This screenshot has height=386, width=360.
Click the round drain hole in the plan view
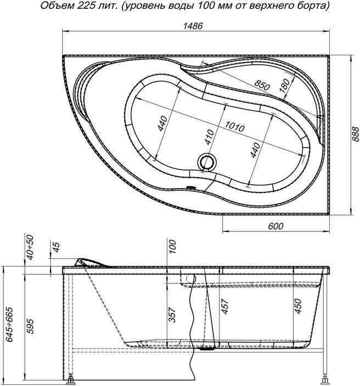pyautogui.click(x=207, y=162)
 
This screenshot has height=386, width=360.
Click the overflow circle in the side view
pyautogui.click(x=190, y=279)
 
